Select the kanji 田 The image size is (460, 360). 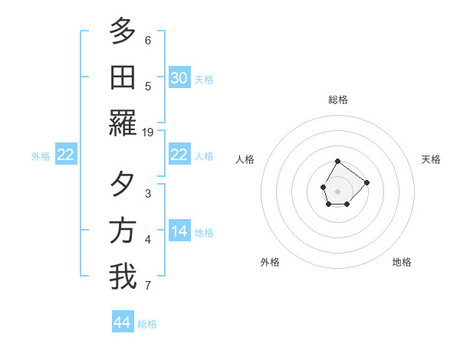point(123,77)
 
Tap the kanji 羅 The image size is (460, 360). point(123,123)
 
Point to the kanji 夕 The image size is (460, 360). point(123,184)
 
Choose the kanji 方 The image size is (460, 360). point(123,231)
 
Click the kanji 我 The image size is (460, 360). point(123,277)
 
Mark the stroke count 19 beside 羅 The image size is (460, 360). point(148,132)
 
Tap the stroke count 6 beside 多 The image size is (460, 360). point(148,40)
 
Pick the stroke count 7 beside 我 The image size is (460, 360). point(148,286)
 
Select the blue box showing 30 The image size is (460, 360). point(179,77)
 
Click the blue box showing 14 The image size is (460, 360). point(179,231)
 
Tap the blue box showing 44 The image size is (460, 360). point(123,322)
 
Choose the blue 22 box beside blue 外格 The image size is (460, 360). point(66,155)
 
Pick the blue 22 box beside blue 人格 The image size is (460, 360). point(179,155)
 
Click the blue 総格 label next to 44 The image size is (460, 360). point(147,324)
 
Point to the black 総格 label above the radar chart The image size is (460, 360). point(338,100)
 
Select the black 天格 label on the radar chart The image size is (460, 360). point(431,159)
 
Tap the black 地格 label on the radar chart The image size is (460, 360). point(402,262)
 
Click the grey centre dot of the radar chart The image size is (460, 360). point(337,190)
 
